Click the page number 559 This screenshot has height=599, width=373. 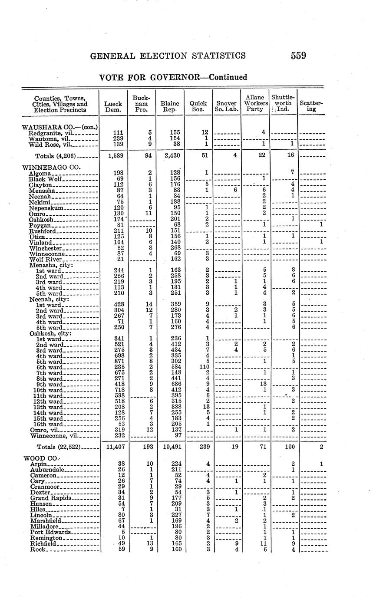298,56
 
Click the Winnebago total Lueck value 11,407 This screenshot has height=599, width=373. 113,446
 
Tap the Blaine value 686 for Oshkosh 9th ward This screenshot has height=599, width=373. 174,384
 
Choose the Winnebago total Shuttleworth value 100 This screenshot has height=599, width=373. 290,446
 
